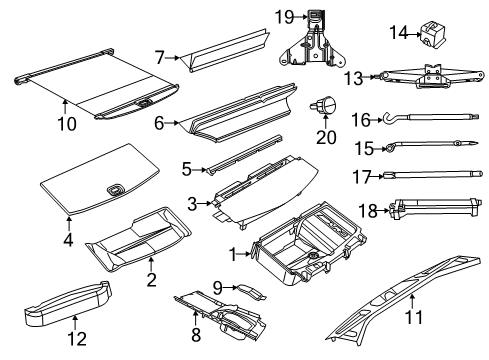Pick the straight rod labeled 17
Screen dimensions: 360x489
pos(430,176)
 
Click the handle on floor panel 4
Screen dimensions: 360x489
pos(116,191)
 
